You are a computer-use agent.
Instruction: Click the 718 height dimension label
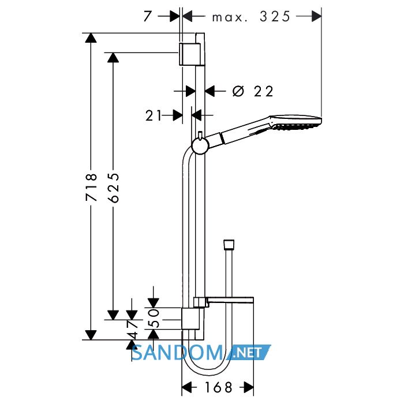coord(91,187)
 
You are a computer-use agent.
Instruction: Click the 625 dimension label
coord(114,188)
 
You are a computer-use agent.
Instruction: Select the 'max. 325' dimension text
coord(251,17)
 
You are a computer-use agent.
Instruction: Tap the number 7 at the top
coord(147,17)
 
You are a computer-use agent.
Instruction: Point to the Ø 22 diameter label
coord(253,91)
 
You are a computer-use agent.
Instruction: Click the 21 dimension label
coord(154,115)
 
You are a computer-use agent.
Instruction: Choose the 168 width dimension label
coord(218,387)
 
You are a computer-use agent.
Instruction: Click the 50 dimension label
coord(154,318)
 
